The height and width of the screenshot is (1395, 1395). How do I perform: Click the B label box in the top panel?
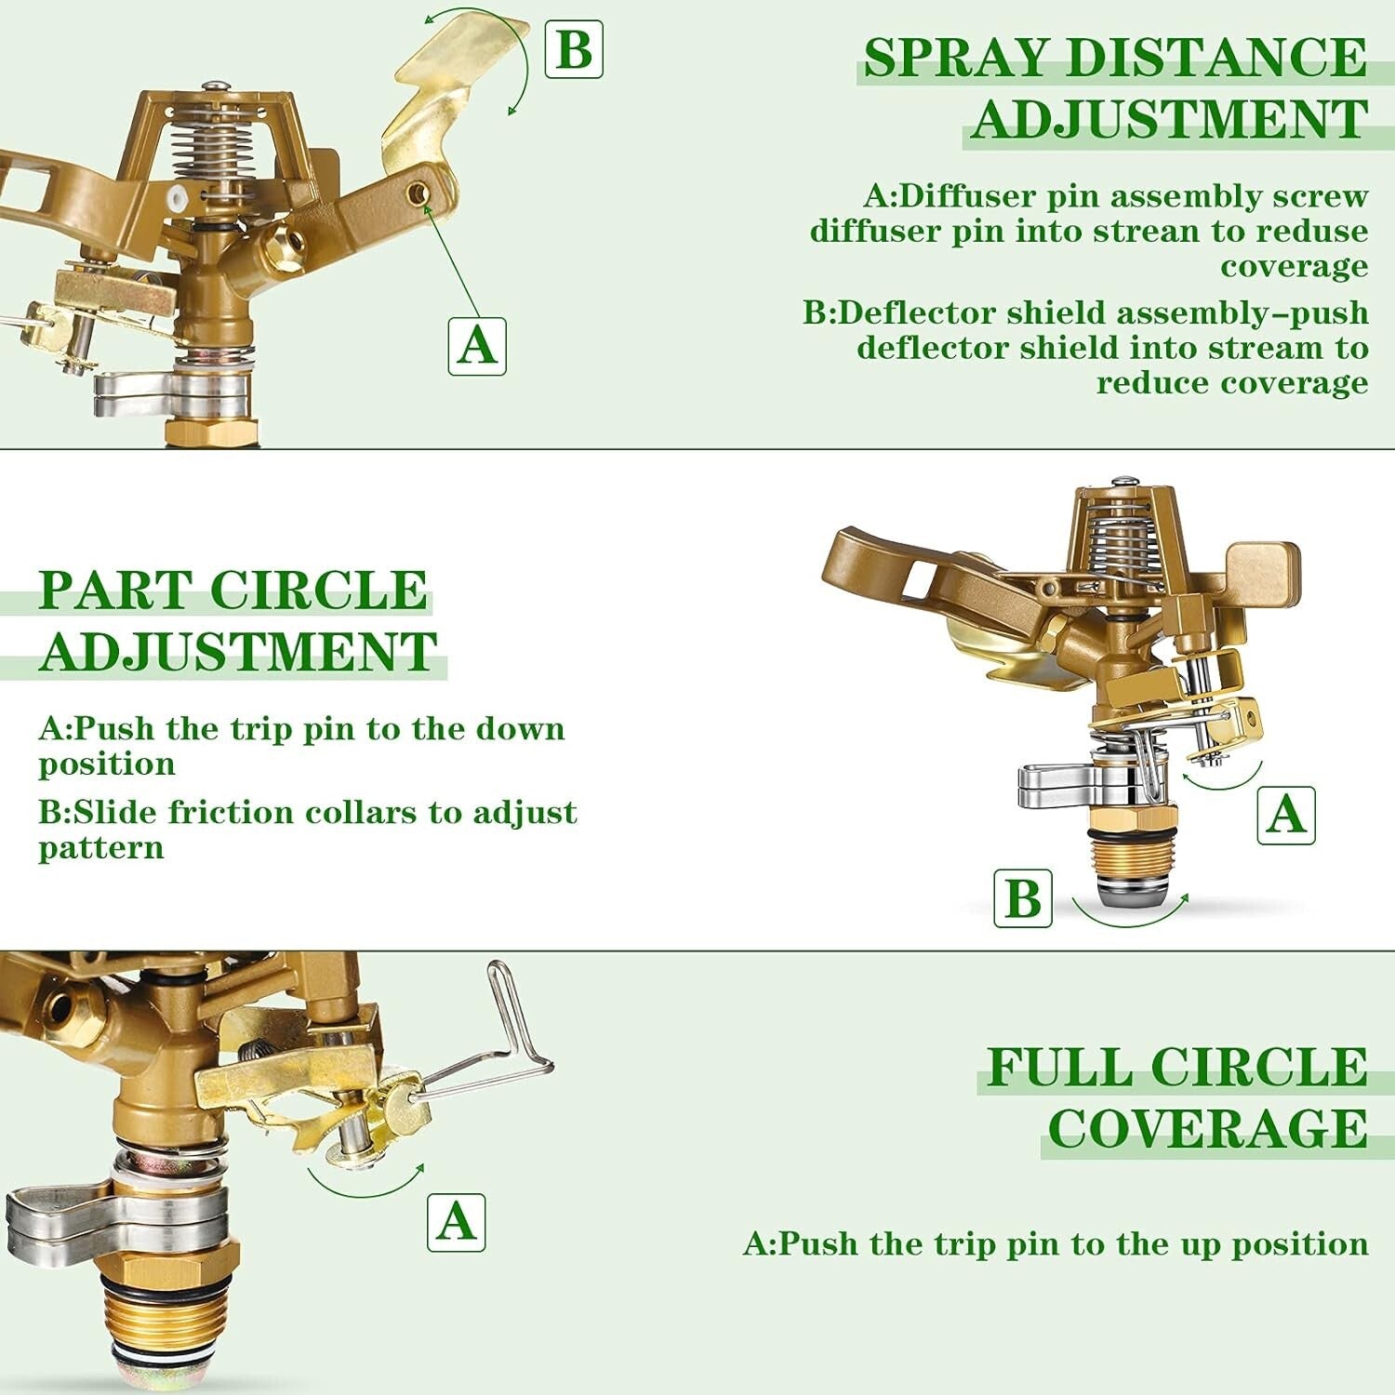click(573, 49)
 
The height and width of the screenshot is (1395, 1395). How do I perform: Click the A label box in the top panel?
click(477, 346)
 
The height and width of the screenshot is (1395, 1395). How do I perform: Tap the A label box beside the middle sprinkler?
click(1285, 815)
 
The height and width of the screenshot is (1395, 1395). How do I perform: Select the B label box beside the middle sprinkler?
click(1023, 898)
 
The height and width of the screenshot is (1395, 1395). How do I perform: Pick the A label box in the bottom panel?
click(456, 1222)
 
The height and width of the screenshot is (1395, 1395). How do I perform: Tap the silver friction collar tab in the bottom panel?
click(56, 1218)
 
